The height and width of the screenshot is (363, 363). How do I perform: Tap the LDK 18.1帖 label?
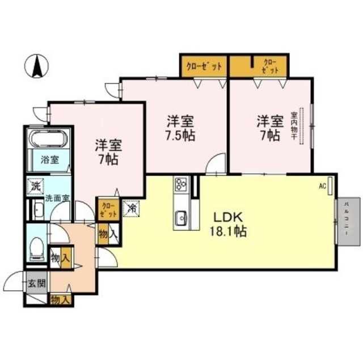pos(229,225)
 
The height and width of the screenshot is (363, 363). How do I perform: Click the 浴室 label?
pos(48,161)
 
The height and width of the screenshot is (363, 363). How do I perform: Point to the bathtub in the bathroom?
pos(49,140)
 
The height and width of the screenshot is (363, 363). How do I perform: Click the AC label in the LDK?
pos(322,185)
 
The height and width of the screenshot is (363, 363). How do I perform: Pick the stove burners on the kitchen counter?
pos(181,185)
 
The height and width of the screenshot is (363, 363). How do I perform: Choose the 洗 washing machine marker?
pos(36,185)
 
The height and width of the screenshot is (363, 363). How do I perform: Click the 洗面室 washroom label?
pos(57,198)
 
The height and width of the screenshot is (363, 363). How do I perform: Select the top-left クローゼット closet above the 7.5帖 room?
pos(203,66)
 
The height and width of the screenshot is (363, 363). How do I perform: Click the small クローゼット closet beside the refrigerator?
pos(108,210)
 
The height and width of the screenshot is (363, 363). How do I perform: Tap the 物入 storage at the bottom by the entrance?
pos(60,299)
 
